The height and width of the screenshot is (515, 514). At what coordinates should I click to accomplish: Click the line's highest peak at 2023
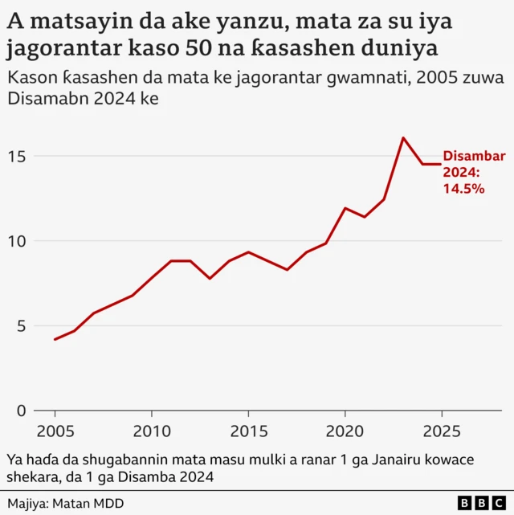(403, 138)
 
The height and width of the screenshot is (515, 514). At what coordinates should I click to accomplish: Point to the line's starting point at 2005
(55, 339)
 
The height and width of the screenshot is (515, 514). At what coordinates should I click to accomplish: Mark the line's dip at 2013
(210, 278)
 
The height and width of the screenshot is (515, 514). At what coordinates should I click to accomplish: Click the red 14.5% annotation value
(463, 188)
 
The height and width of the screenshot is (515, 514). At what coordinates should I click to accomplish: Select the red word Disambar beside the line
(474, 157)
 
